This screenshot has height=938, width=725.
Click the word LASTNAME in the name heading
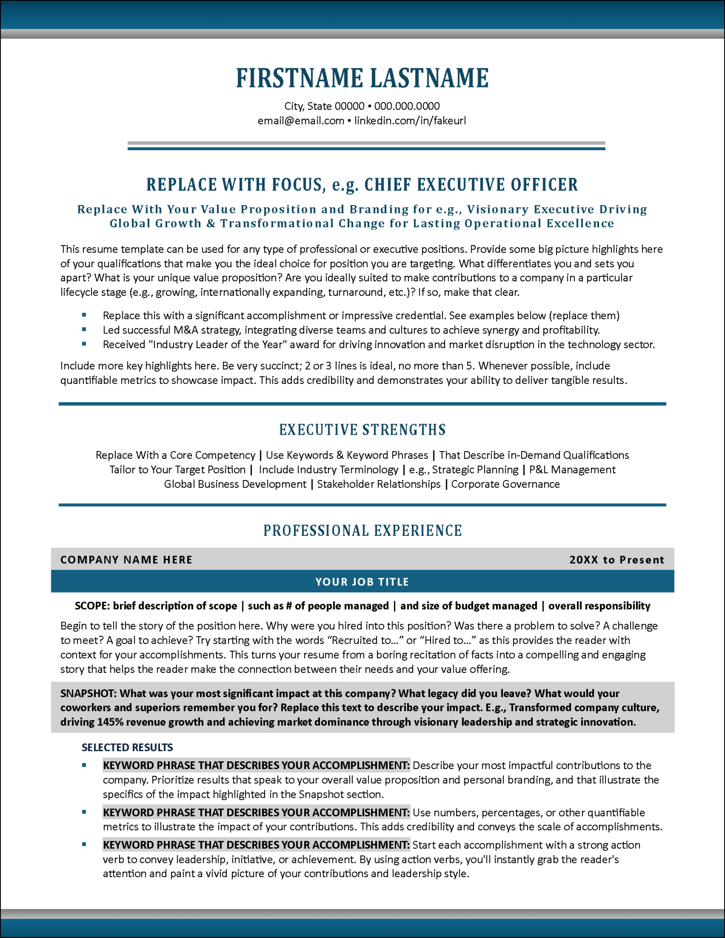(x=429, y=78)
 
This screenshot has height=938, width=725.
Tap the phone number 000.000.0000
(x=407, y=106)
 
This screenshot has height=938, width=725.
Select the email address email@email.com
(x=300, y=121)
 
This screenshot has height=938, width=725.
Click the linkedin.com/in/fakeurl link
(x=410, y=121)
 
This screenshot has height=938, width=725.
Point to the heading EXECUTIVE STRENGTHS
(x=362, y=430)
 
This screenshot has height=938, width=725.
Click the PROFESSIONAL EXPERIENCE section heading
(x=362, y=530)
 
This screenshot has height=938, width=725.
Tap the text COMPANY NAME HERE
(x=126, y=560)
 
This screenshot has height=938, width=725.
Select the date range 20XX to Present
(x=616, y=560)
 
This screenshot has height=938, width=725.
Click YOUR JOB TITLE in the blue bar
(x=362, y=582)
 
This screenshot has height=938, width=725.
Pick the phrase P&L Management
(x=572, y=469)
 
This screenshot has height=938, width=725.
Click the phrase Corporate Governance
(x=505, y=484)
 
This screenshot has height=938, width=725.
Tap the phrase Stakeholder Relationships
(x=379, y=484)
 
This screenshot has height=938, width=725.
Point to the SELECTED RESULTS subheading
(x=127, y=747)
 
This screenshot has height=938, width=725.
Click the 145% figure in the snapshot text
(x=109, y=722)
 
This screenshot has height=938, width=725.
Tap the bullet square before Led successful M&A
(x=84, y=329)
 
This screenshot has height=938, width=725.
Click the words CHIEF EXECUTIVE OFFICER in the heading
(x=471, y=185)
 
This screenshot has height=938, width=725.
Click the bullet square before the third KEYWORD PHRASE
(x=84, y=844)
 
